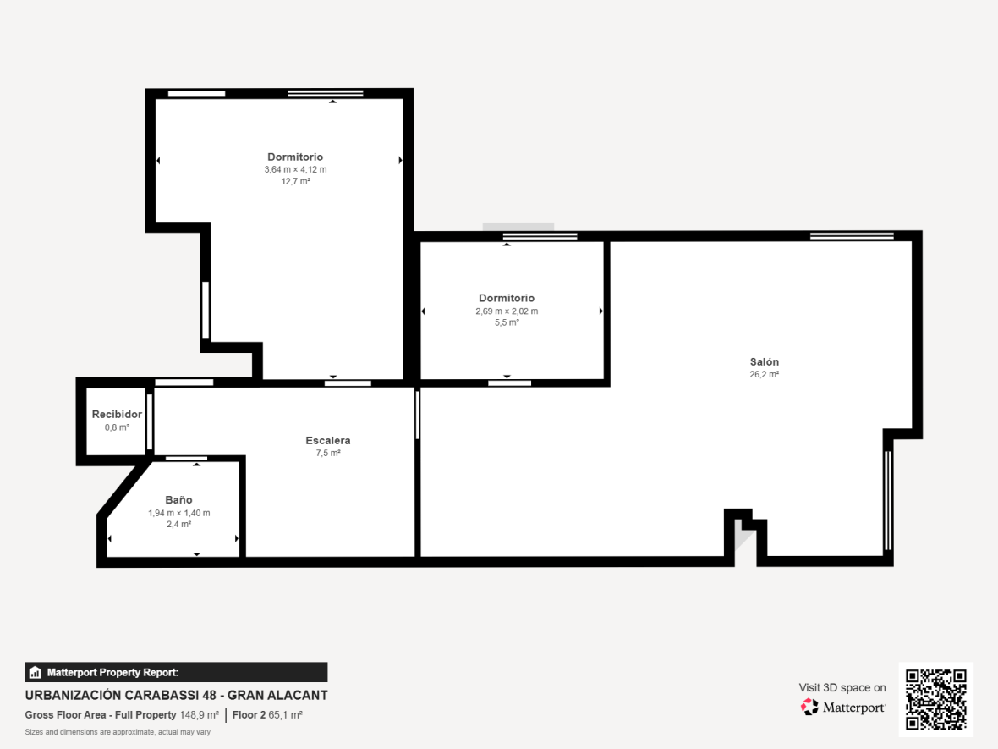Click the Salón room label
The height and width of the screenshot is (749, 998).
[x=764, y=361]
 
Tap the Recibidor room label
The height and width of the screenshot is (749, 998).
[x=117, y=414]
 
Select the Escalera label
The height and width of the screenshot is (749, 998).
[x=328, y=440]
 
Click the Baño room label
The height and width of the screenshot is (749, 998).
[x=178, y=500]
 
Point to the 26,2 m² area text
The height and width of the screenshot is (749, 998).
[x=764, y=374]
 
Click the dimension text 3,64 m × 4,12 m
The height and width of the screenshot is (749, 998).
[x=295, y=169]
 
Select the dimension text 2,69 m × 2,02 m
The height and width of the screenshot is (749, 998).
[x=507, y=311]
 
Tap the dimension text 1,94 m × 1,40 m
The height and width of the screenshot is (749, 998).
[x=178, y=513]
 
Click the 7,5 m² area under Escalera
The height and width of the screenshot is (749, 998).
[x=328, y=453]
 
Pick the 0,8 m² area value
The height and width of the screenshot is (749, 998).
[x=117, y=427]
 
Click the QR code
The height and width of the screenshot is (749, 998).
[x=935, y=699]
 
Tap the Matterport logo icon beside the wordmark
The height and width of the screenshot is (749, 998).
[x=809, y=707]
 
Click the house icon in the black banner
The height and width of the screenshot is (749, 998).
[x=35, y=673]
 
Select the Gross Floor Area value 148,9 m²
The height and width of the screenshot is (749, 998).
[x=200, y=714]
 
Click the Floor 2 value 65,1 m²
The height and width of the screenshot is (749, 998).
[x=285, y=714]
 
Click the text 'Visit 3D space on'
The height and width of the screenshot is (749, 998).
[x=842, y=688]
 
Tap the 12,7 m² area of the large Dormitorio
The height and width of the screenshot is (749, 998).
[x=295, y=181]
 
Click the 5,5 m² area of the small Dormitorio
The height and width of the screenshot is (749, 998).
[x=507, y=323]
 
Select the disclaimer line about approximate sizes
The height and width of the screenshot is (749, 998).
[x=118, y=732]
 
